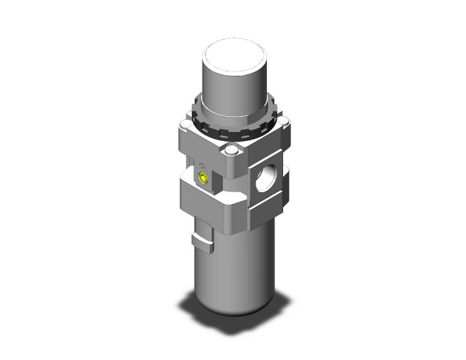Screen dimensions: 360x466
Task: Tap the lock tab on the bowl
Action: coord(200,239)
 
